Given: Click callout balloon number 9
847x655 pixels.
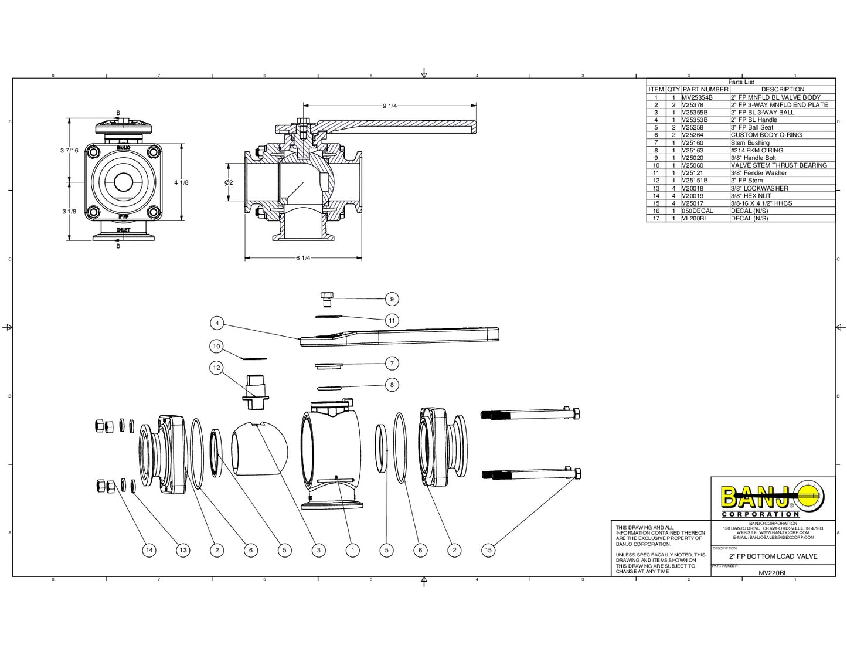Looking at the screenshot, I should coord(392,299).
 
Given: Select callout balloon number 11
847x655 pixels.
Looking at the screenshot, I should coord(392,320).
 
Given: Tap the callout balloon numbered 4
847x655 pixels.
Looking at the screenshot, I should coord(217,323).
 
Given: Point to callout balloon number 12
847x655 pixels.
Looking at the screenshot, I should coord(217,368).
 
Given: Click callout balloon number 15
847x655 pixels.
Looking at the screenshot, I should coord(488,550).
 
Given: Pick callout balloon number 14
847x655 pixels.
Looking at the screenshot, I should coord(149,550).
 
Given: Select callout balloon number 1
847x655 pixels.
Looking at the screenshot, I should coord(352,550).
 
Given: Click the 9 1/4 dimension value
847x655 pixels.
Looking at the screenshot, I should coord(390,106).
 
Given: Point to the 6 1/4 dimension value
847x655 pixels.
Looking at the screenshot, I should coord(303,258).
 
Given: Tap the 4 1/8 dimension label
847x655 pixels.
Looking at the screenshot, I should coord(181,182).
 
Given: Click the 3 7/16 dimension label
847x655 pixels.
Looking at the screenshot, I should coord(69,151).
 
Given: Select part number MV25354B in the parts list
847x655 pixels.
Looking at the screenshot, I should coord(697,97).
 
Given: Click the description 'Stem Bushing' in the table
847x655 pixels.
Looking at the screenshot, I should coord(750,142).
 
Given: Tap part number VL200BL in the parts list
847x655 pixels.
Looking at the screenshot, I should coord(694,218).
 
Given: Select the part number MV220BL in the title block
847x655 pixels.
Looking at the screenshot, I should coord(773,573).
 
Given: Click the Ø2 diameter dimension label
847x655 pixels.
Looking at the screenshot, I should coord(229,182).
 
